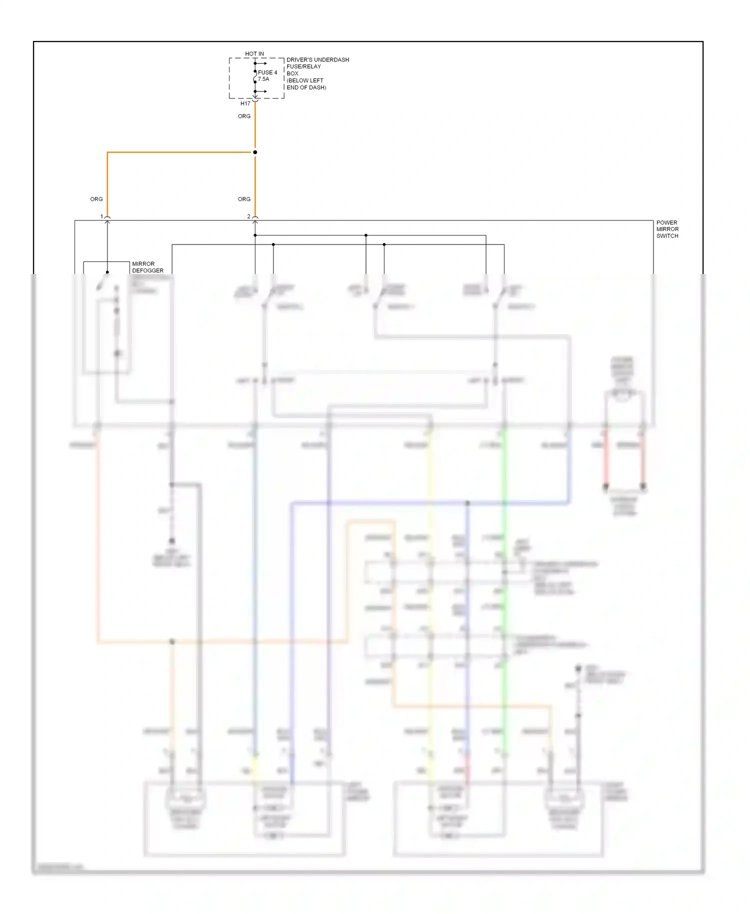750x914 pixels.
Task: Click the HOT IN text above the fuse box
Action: (x=254, y=53)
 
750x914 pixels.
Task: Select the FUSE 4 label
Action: (x=267, y=72)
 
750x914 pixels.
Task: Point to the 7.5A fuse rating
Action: (x=263, y=79)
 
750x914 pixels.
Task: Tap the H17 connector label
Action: (x=245, y=103)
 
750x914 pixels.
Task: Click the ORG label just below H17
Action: (x=244, y=116)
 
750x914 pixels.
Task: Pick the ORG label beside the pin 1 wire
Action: (x=96, y=199)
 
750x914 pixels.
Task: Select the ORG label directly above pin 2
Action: (x=244, y=199)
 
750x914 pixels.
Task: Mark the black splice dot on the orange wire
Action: (x=255, y=152)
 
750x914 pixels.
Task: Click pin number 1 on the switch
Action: (x=101, y=216)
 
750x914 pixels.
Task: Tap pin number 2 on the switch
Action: (x=248, y=216)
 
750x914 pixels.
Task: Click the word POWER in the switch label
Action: (x=666, y=222)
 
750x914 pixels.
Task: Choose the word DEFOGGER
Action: (x=147, y=270)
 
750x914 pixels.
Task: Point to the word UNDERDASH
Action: (x=332, y=59)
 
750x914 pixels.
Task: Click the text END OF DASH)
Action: (x=306, y=87)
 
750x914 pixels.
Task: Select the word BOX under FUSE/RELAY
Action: (x=292, y=73)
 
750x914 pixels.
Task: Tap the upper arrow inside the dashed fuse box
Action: (x=262, y=63)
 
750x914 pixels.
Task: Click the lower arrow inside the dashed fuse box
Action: (x=262, y=91)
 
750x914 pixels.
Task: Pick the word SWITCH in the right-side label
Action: (x=667, y=236)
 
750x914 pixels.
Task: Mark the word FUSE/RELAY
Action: (x=303, y=66)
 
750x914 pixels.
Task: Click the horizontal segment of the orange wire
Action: (x=180, y=152)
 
